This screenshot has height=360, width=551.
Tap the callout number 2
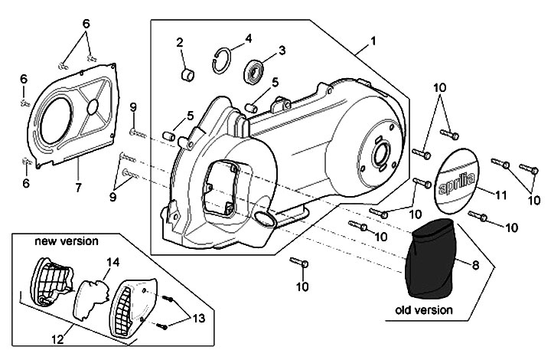[181, 42]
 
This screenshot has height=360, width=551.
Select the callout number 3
[282, 51]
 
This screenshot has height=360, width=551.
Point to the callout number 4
[248, 38]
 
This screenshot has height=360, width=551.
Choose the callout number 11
[500, 195]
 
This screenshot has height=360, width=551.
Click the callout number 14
[113, 263]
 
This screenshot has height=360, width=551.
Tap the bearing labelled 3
[254, 74]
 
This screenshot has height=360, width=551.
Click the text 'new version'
[67, 241]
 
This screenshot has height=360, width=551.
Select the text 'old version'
[424, 310]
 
